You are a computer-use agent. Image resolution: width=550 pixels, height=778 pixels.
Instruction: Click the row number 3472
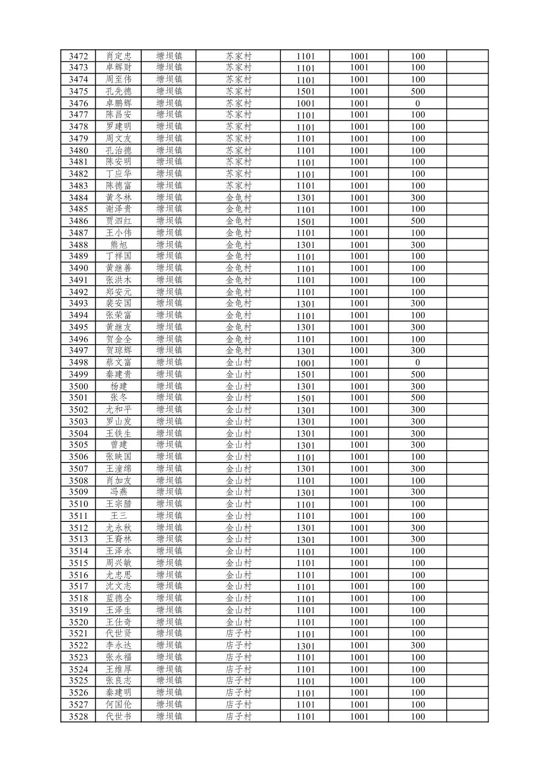tap(78, 56)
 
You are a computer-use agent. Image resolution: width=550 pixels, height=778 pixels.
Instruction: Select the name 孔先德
tap(118, 91)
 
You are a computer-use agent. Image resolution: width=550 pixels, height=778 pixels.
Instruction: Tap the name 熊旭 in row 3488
tap(118, 245)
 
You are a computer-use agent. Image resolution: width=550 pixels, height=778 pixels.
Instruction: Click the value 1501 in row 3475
tap(305, 92)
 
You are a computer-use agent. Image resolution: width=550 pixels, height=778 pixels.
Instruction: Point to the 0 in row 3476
tap(417, 103)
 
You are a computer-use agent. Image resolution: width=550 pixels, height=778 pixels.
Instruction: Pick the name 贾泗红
tap(118, 221)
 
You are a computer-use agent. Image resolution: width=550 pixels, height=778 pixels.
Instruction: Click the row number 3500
tap(78, 386)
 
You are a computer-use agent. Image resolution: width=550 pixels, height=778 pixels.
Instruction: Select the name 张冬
tap(118, 397)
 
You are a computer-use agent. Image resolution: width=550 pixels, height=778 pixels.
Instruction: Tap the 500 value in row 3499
tap(417, 374)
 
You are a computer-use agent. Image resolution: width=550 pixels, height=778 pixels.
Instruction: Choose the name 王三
tap(118, 516)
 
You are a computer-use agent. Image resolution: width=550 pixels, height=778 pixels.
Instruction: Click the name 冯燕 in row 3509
tap(118, 492)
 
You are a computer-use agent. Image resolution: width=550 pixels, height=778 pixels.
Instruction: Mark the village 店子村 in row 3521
tap(238, 634)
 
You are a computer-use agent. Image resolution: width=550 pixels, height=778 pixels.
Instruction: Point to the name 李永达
tap(118, 645)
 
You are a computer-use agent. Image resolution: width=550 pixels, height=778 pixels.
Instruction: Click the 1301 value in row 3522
tap(305, 646)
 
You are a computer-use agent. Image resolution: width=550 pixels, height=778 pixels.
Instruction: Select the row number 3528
tap(78, 717)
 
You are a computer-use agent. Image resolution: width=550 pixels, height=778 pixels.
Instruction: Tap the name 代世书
tap(118, 717)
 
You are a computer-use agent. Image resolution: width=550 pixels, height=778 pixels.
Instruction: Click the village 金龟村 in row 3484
tap(238, 197)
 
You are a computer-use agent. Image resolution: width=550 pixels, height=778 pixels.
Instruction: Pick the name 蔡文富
tap(118, 363)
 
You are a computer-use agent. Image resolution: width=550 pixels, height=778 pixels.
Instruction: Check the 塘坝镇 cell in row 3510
tap(169, 503)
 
